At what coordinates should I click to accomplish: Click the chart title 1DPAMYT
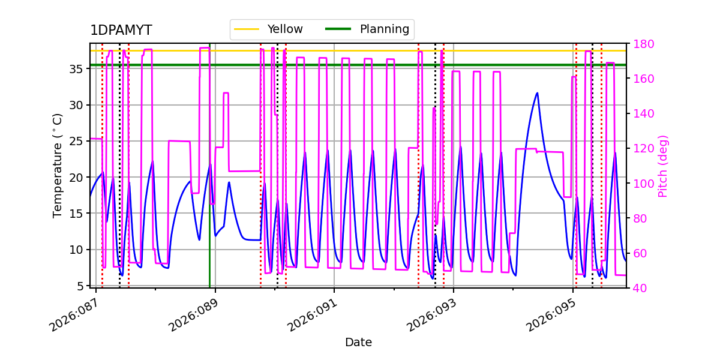pyautogui.click(x=121, y=31)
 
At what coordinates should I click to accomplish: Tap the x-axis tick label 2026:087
pyautogui.click(x=72, y=315)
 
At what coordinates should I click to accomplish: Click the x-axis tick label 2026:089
pyautogui.click(x=191, y=315)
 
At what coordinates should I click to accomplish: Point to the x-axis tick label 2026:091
pyautogui.click(x=311, y=315)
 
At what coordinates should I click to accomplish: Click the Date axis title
pyautogui.click(x=358, y=343)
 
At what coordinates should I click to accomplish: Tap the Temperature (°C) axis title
pyautogui.click(x=58, y=165)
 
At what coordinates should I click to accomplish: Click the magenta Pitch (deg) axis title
pyautogui.click(x=663, y=166)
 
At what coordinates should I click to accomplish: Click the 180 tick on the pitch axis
pyautogui.click(x=641, y=44)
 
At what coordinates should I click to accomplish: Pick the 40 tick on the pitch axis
pyautogui.click(x=638, y=288)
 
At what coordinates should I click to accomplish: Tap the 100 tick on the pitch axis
pyautogui.click(x=641, y=184)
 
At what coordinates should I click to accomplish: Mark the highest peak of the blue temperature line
pyautogui.click(x=537, y=93)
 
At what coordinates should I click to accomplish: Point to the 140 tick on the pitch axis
pyautogui.click(x=641, y=114)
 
